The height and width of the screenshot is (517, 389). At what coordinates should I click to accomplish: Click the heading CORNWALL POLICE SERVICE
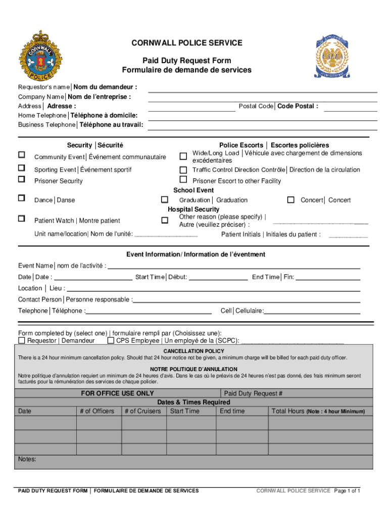(186, 43)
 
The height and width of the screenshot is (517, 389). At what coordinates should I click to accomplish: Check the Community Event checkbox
(22, 154)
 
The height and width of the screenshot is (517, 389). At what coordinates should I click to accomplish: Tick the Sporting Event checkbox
(22, 168)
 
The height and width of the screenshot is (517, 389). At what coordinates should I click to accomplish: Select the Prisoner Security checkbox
(22, 179)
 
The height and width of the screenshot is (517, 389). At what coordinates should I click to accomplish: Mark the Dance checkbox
(22, 198)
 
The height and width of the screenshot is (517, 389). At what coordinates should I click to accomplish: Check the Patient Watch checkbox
(22, 219)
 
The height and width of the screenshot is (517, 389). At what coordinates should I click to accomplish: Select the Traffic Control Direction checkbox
(183, 170)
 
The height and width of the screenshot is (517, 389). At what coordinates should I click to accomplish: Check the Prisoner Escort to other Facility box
(183, 180)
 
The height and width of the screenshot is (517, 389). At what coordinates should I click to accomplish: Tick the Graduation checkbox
(164, 200)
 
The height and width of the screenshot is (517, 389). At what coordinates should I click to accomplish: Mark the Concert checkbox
(290, 200)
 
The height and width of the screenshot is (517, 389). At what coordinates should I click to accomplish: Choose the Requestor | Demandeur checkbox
(22, 341)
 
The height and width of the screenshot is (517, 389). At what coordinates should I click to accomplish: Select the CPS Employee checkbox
(111, 341)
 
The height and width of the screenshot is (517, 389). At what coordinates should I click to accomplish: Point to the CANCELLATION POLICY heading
(193, 351)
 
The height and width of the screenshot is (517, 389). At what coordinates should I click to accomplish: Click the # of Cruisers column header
(142, 411)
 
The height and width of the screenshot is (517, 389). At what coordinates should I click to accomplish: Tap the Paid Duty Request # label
(253, 393)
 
